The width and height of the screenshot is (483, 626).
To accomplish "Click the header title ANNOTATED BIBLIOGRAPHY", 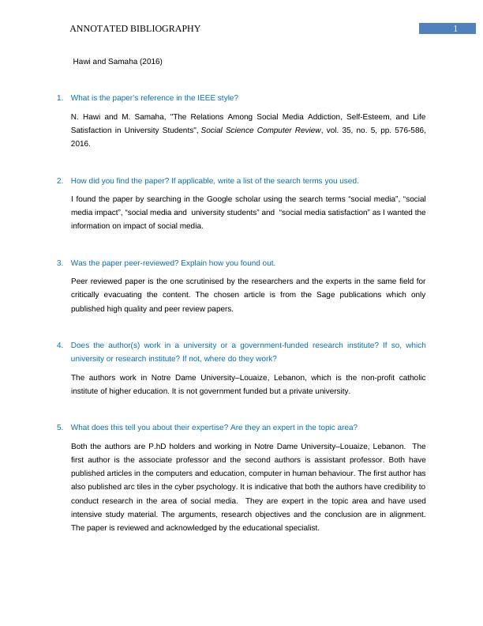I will tap(135, 29).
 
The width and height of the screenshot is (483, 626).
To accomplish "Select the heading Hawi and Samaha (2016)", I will tap(118, 61).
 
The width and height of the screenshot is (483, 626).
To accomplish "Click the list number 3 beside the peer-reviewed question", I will tap(60, 262).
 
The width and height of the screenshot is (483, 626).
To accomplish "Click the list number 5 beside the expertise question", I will tap(60, 428).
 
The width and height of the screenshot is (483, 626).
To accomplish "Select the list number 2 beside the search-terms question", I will tap(60, 180).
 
